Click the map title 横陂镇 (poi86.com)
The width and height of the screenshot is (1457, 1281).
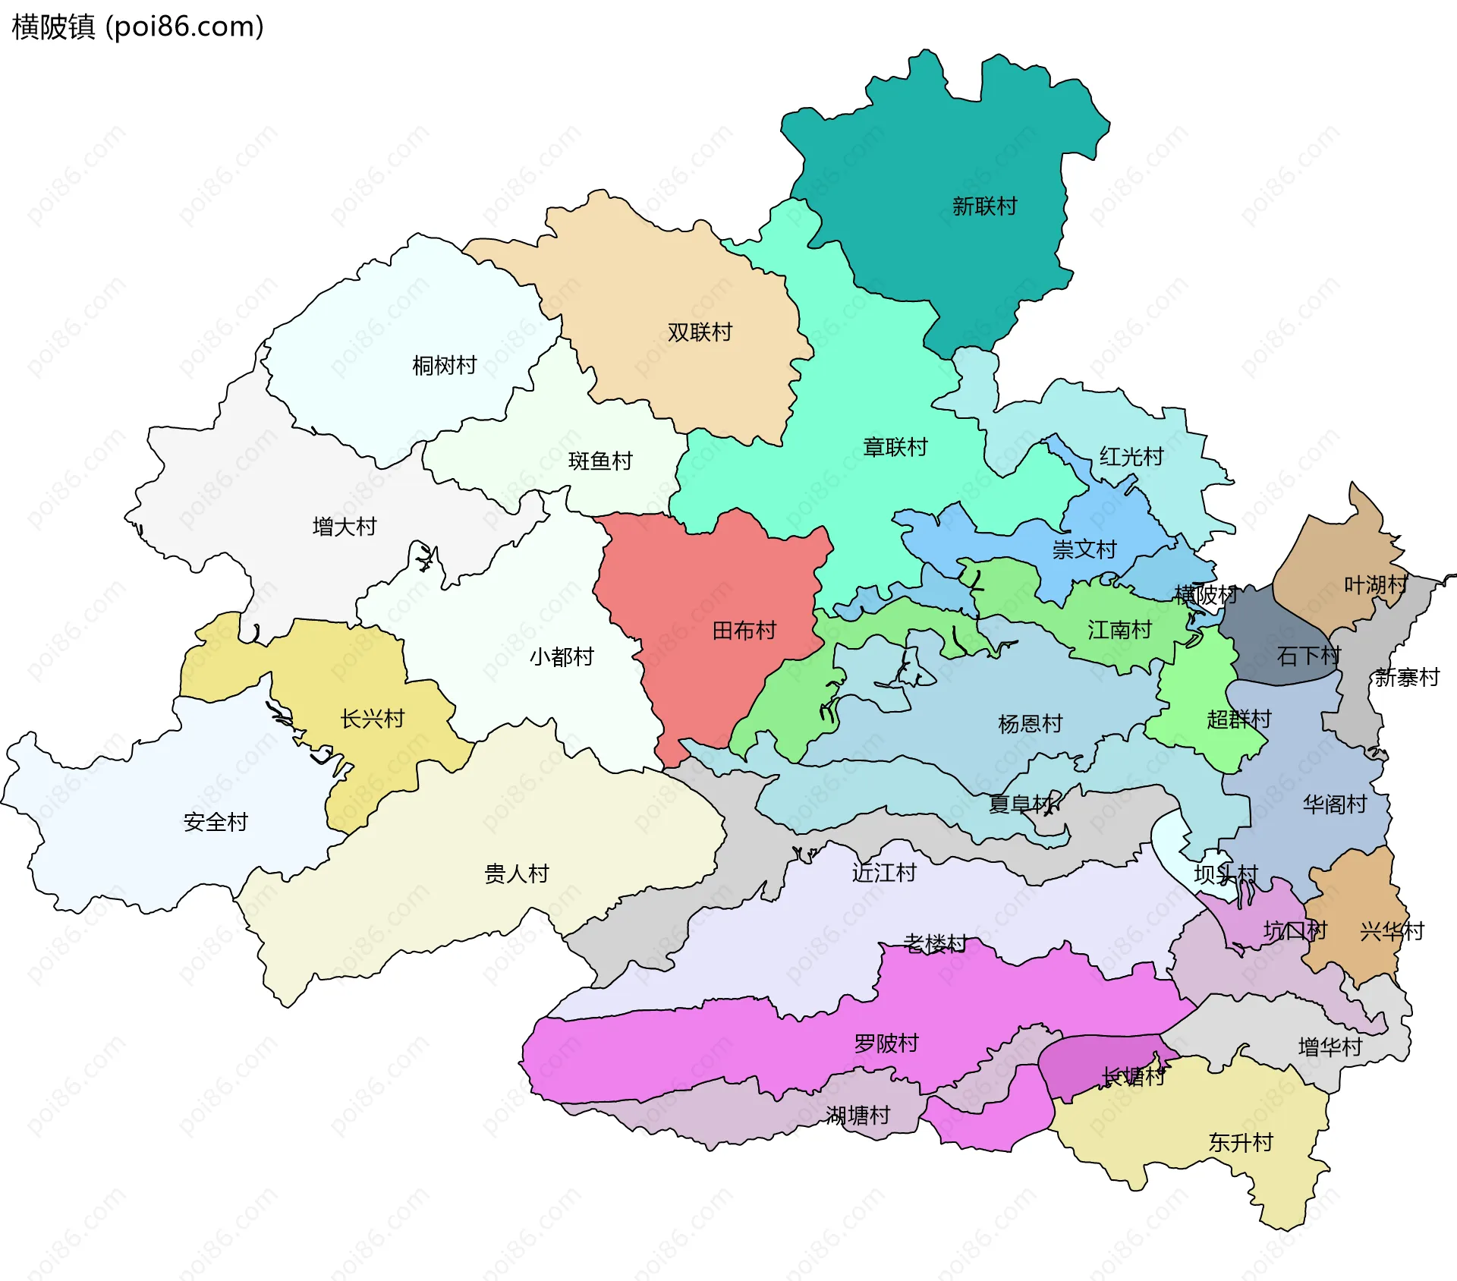(x=137, y=27)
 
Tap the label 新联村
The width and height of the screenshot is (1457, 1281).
(x=984, y=206)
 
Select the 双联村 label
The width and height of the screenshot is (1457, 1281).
(x=700, y=332)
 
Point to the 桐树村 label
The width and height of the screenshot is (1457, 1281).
(x=444, y=365)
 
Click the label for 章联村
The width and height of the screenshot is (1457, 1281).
(x=895, y=447)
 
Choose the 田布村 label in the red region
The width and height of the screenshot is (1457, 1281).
(x=744, y=630)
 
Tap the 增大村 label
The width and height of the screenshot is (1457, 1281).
(x=345, y=526)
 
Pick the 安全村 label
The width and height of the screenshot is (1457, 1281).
(x=216, y=821)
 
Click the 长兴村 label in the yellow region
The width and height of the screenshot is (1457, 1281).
(x=372, y=718)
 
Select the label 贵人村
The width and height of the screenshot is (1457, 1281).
(x=516, y=873)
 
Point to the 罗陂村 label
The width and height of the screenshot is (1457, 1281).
(x=886, y=1043)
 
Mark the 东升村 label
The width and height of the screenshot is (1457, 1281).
(x=1240, y=1142)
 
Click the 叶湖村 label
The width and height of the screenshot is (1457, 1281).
(x=1376, y=584)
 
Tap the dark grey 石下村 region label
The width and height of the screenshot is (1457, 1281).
(x=1308, y=655)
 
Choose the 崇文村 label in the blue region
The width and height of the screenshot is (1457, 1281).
(x=1084, y=549)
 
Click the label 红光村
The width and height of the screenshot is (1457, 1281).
(x=1131, y=456)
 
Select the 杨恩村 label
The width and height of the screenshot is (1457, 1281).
(x=1030, y=723)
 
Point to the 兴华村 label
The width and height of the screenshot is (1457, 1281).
(x=1392, y=930)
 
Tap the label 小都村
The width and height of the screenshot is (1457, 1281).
(x=562, y=656)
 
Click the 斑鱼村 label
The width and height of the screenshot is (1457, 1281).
(x=600, y=461)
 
